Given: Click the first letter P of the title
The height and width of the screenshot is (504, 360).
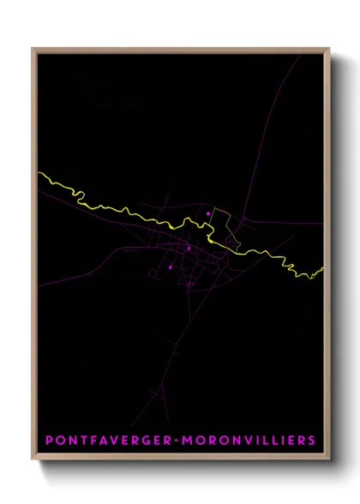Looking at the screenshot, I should coord(49,441).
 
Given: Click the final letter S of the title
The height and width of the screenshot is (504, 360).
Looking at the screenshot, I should coord(311,441).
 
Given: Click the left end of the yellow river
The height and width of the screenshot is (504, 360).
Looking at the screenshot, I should coord(39,174).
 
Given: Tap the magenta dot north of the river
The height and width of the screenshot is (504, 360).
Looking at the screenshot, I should coord(207,212).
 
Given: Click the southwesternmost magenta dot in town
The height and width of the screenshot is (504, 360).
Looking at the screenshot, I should coord(171,267).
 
